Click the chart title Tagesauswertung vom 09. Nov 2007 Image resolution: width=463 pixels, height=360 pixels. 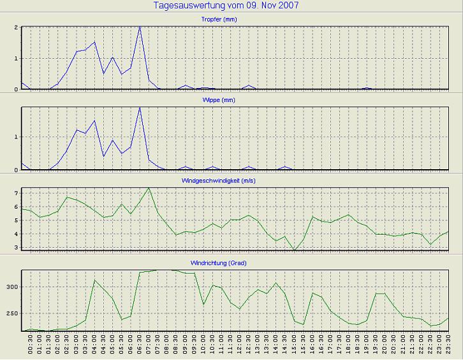pos(226,6)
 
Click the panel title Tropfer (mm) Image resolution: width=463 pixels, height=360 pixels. pos(237,20)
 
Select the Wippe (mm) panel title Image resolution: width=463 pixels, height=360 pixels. pos(237,100)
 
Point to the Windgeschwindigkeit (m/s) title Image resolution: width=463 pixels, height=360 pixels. pos(237,181)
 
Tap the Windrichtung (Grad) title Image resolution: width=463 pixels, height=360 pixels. pos(237,262)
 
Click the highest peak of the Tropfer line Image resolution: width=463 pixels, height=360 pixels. pos(140,27)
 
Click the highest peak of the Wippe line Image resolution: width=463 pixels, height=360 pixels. pos(140,107)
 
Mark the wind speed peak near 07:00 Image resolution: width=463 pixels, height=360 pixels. pos(149,188)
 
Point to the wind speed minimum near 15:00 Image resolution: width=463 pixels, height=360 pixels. pos(294,250)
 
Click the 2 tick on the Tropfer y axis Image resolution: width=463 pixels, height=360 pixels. pos(15,27)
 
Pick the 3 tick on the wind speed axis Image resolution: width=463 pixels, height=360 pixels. pos(15,247)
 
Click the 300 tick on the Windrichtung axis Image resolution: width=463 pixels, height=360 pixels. pos(11,287)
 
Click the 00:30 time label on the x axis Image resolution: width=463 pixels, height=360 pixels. pos(31,345)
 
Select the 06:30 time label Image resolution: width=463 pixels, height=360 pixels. pos(140,345)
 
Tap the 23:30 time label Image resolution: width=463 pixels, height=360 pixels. pos(449,345)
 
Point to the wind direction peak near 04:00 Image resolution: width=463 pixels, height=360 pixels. pos(94,280)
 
